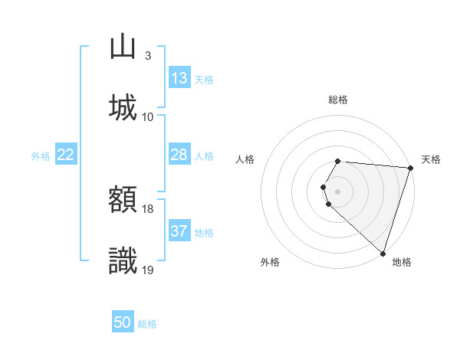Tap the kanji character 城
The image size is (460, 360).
(x=123, y=106)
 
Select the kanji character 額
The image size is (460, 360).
(x=123, y=201)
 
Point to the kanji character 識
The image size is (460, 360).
(x=123, y=261)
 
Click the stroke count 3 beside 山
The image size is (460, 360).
(x=148, y=56)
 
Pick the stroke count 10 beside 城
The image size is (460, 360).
(x=148, y=116)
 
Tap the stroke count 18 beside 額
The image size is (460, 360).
(x=148, y=209)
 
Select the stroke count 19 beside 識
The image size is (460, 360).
(x=148, y=270)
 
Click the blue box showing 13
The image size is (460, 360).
(x=179, y=78)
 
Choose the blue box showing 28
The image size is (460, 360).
(x=179, y=155)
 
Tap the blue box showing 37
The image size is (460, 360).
(x=179, y=231)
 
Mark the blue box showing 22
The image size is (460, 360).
(x=66, y=155)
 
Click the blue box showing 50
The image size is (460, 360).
(x=123, y=322)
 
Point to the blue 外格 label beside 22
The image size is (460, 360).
(x=41, y=156)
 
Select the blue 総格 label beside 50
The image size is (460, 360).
(x=147, y=324)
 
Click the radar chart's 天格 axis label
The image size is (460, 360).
(x=431, y=159)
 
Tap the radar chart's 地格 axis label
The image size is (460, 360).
(x=402, y=262)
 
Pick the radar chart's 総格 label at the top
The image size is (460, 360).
(x=338, y=100)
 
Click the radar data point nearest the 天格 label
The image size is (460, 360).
(x=410, y=168)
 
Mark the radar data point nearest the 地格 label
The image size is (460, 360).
(x=383, y=253)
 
